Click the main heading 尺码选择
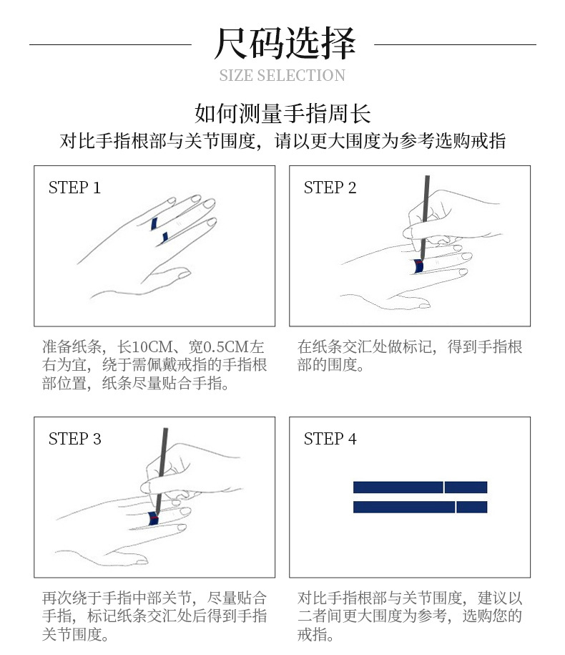pos(284,44)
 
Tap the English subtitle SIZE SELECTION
pos(282,76)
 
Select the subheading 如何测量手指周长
pos(282,113)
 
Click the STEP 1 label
pos(74,188)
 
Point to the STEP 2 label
pos(330,188)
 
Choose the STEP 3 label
pos(74,439)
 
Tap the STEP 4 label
pos(330,439)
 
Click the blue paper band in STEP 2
pos(416,267)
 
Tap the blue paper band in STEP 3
pos(153,518)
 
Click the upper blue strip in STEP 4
pos(420,487)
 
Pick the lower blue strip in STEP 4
pos(420,507)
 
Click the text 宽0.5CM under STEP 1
pos(215,347)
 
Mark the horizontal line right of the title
pos(455,44)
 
